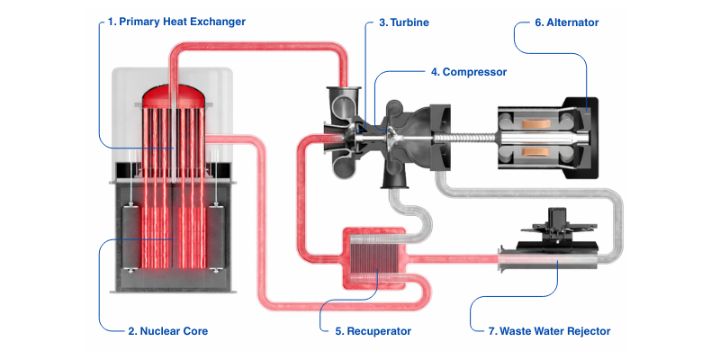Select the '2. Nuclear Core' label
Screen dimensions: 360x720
(168, 331)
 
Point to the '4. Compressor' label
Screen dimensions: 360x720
(469, 71)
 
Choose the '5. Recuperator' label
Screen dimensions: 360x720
(373, 331)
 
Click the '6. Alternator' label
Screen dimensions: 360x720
(566, 21)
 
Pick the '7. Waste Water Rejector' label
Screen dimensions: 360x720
(549, 331)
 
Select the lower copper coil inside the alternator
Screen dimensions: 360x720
(543, 151)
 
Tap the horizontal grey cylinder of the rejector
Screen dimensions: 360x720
(549, 263)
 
